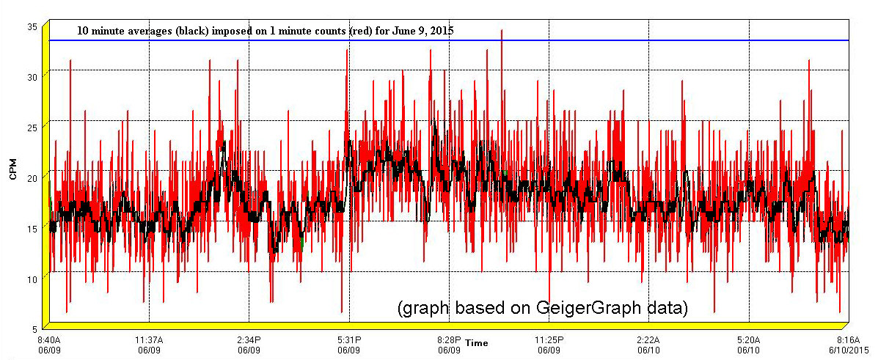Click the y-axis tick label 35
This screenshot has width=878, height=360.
click(x=32, y=26)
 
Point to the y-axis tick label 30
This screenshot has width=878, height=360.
click(x=32, y=76)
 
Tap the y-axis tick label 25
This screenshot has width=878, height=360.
click(x=32, y=126)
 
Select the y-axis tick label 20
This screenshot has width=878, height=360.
click(x=32, y=177)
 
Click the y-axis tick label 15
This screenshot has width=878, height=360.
click(x=32, y=227)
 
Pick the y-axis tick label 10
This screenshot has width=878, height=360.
click(x=32, y=277)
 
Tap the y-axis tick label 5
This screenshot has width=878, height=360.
click(x=34, y=328)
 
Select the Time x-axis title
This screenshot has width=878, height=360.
click(x=476, y=343)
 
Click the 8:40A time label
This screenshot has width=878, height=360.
click(x=49, y=340)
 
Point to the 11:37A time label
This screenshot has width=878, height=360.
click(x=149, y=340)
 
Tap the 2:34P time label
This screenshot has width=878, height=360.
click(x=249, y=340)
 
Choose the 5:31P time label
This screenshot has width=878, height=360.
click(x=348, y=340)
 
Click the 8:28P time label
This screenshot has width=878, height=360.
click(x=449, y=340)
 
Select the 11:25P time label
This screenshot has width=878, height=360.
click(x=549, y=340)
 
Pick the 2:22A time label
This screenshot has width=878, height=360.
click(x=648, y=340)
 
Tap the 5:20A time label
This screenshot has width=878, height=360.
click(x=748, y=340)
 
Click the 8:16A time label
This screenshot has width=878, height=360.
click(x=848, y=340)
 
